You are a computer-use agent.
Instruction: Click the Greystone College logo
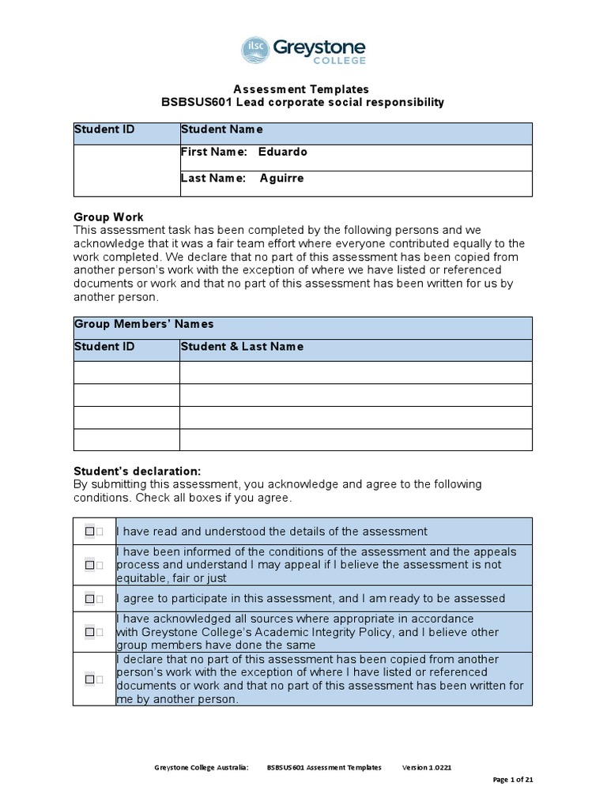[303, 51]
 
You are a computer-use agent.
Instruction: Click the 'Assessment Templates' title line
[303, 89]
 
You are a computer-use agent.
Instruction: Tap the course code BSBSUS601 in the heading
[190, 103]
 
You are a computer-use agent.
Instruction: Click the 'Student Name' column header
[221, 130]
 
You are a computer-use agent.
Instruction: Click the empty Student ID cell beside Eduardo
[126, 170]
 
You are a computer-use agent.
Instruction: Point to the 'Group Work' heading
[108, 217]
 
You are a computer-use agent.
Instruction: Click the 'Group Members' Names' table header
[144, 324]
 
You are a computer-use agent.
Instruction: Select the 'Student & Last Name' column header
[242, 347]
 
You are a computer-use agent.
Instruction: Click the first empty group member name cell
[356, 372]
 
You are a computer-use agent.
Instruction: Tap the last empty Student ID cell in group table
[126, 440]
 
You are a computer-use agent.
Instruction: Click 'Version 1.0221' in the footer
[427, 767]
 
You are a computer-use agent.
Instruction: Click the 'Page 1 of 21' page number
[513, 780]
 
